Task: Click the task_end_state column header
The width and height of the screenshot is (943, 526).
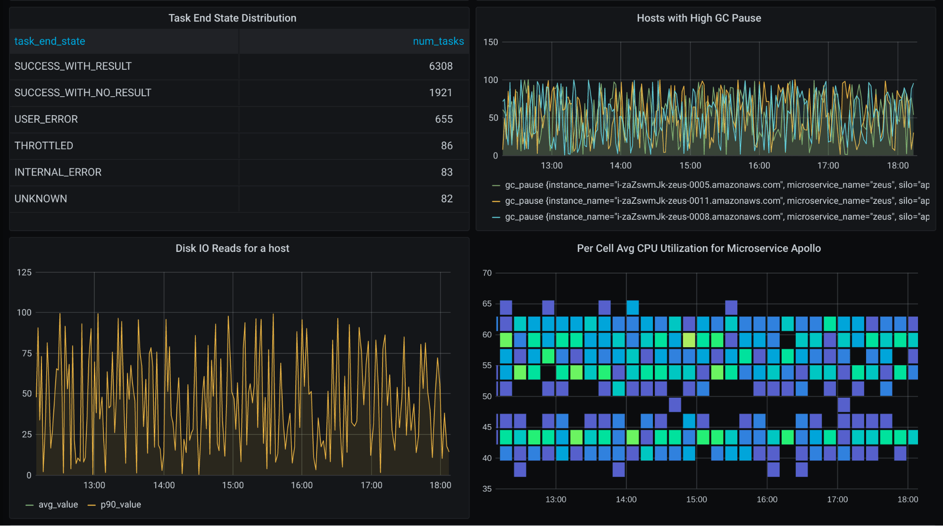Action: coord(50,41)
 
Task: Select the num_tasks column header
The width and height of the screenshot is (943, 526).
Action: coord(438,41)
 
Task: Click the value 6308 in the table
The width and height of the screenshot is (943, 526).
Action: coord(441,66)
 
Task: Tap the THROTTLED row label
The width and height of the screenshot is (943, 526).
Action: coord(44,146)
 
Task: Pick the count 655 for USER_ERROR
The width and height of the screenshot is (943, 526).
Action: coord(443,119)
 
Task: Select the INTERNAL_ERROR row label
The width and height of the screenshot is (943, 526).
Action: coord(58,172)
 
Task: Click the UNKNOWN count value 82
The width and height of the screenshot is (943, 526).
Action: coord(446,199)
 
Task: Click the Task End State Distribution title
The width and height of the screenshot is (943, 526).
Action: coord(232,18)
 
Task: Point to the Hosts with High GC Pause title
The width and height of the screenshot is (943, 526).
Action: coord(699,18)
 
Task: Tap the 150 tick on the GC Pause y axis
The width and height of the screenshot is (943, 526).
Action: coord(490,42)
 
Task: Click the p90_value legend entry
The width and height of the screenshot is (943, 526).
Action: coord(120,505)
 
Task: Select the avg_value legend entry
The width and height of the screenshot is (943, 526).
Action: coord(58,505)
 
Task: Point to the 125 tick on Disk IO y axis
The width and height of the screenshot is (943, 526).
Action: coord(24,272)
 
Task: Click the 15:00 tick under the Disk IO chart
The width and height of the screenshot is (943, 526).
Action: coord(233,485)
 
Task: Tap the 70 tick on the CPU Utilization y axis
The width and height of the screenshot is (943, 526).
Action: coord(487,273)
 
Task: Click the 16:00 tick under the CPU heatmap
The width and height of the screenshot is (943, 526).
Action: coord(767,499)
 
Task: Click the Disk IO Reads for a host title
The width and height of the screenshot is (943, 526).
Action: coord(232,248)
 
